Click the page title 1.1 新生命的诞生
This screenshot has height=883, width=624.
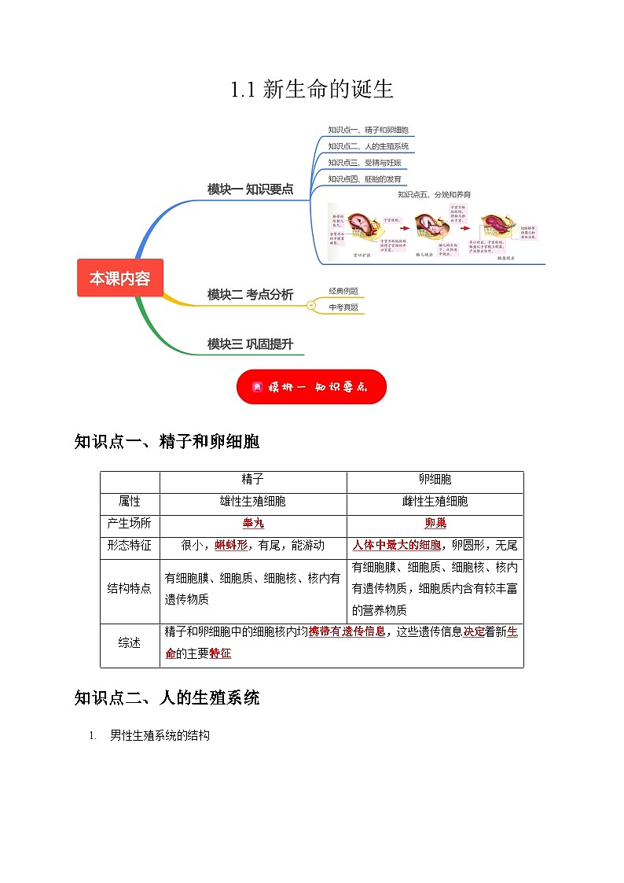click(311, 90)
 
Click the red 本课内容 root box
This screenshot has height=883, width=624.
click(119, 278)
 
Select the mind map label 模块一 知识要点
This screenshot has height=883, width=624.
click(250, 189)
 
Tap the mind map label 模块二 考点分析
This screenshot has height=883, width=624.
click(250, 295)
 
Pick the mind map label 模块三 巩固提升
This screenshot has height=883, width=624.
click(250, 344)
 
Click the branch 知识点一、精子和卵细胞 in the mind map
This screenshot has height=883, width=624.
click(368, 130)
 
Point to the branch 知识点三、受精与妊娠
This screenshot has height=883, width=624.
click(364, 163)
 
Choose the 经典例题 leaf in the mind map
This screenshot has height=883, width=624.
click(343, 291)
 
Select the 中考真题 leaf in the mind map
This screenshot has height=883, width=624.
click(343, 307)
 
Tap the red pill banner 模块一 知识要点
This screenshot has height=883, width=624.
click(311, 387)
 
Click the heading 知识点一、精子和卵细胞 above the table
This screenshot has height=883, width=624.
click(167, 442)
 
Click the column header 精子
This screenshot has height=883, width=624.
click(252, 479)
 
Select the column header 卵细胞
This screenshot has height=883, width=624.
click(435, 479)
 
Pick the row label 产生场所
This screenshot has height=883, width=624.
click(130, 523)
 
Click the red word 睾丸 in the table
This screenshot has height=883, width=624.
click(252, 523)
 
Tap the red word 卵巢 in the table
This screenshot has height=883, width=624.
click(435, 523)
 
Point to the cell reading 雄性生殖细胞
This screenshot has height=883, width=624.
click(252, 501)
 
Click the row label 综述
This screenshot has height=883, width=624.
click(130, 642)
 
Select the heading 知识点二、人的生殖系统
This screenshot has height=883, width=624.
click(167, 697)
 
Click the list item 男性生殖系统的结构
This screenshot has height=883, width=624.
click(160, 736)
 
